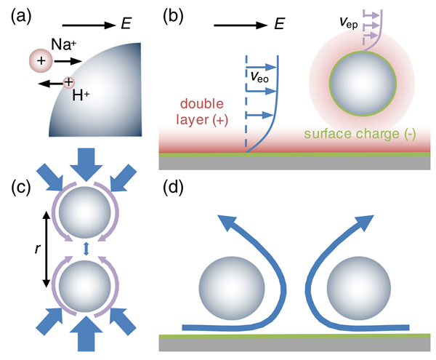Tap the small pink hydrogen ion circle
click(68, 84)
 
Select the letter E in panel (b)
click(278, 25)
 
